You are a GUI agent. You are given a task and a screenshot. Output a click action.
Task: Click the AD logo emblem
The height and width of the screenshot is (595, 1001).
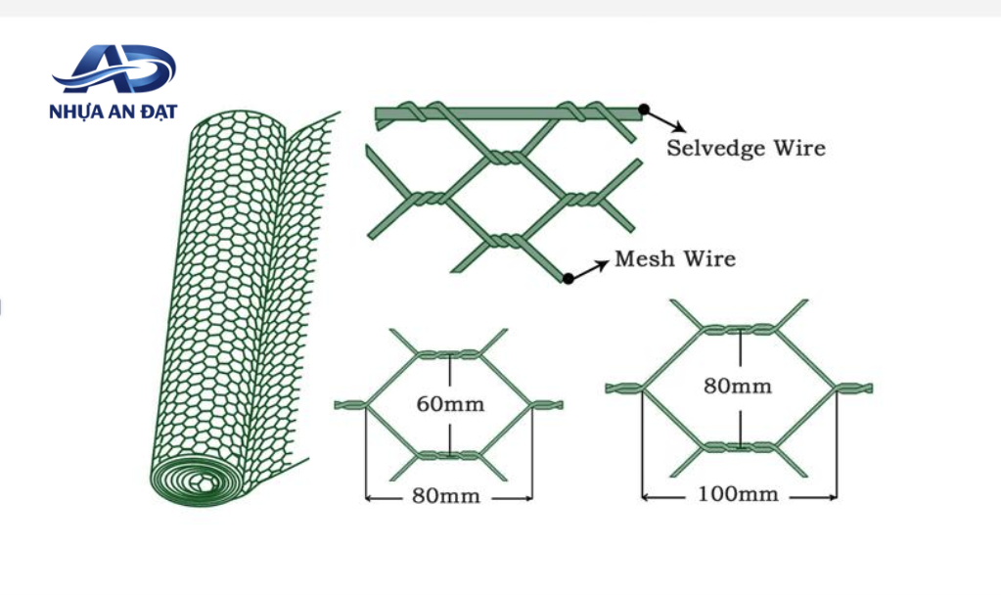(114, 69)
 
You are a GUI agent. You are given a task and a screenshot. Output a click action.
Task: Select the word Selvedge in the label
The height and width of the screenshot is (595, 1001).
(715, 148)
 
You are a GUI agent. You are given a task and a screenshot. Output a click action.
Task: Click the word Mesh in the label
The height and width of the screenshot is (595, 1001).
(644, 258)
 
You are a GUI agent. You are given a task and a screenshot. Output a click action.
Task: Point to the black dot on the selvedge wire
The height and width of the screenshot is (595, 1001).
(644, 110)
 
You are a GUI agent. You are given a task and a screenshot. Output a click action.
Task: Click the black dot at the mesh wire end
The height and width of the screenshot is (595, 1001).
(568, 278)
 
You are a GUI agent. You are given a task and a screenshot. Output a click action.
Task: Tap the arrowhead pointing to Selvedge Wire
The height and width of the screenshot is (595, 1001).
(679, 127)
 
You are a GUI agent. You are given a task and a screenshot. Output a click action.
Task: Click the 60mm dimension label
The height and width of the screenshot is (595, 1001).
(450, 404)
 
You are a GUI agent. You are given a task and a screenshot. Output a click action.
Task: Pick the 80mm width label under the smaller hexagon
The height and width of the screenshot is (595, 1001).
(445, 496)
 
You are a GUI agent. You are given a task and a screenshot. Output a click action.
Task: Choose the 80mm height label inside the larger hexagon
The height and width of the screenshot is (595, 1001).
(738, 386)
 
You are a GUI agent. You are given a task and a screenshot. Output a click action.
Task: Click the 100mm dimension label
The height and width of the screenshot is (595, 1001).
(738, 494)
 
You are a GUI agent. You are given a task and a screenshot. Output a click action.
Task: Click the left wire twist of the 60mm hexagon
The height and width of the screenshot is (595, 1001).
(350, 404)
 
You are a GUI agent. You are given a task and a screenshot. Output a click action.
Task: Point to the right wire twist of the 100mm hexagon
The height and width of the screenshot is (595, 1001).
(853, 387)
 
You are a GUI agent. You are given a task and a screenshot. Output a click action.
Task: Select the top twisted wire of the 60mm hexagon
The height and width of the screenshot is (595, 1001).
(449, 354)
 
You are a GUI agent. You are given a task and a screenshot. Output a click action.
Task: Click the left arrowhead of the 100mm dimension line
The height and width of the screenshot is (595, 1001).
(646, 496)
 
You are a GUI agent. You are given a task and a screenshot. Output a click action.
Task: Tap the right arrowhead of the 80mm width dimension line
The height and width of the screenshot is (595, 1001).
(527, 498)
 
